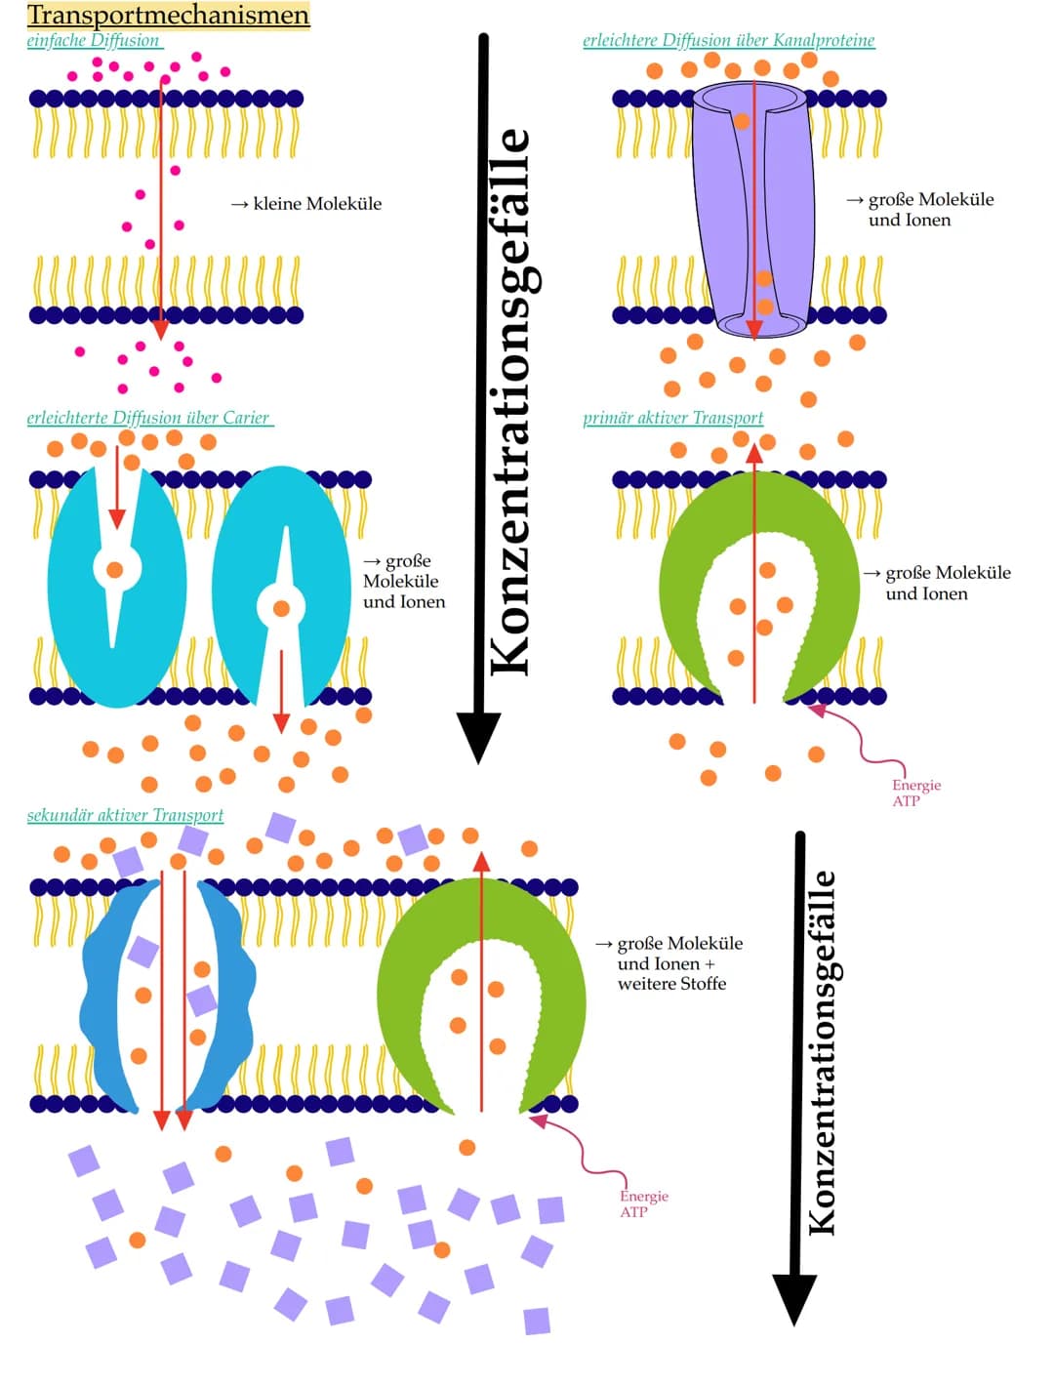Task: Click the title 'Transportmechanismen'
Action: coord(168,16)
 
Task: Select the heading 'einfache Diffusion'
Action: coord(94,41)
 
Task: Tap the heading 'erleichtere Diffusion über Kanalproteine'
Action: coord(728,41)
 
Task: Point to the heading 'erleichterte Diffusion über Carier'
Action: coord(148,419)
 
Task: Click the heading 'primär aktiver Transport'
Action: coord(672,419)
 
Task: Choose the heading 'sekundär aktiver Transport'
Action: coord(125,815)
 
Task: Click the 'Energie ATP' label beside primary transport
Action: coord(915,793)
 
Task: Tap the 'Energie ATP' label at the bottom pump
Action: coord(643,1203)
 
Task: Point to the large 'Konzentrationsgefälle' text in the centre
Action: coord(510,400)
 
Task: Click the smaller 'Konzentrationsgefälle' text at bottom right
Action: coord(823,1052)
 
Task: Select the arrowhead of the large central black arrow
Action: coord(478,737)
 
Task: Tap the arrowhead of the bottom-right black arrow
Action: coord(795,1298)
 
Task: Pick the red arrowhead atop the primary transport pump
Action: coord(754,452)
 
